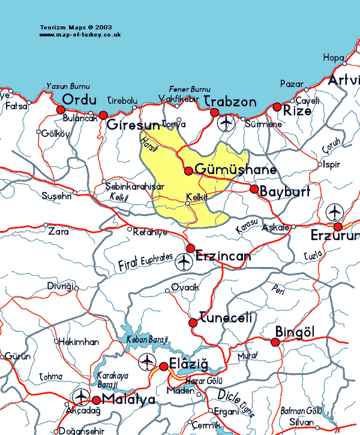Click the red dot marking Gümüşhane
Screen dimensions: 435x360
(188, 171)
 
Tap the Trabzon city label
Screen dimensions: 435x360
(230, 101)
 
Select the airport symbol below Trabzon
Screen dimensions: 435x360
(226, 124)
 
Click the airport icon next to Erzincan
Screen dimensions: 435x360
(184, 262)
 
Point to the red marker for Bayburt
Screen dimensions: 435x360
(254, 189)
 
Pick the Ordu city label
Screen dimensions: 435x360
(79, 99)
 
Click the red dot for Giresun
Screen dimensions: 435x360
(103, 115)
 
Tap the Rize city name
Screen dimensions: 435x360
(298, 111)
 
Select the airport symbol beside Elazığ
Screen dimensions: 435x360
(146, 362)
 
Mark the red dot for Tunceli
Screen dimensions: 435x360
(193, 323)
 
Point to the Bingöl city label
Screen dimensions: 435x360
(295, 332)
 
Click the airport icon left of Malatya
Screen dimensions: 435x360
(80, 396)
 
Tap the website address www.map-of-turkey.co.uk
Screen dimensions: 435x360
(80, 35)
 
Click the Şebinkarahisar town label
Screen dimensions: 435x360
(134, 187)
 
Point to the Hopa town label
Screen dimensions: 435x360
(334, 58)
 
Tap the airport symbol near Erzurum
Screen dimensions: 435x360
(334, 212)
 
